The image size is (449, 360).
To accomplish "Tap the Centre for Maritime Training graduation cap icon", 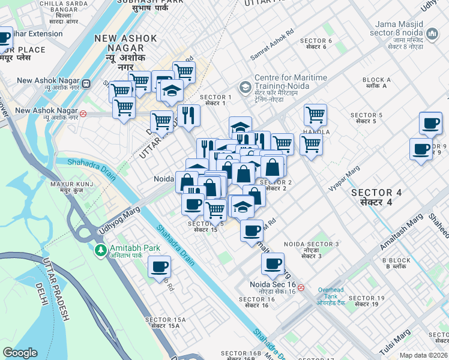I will point(245,88).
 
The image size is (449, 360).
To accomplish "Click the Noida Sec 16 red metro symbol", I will point(301,287).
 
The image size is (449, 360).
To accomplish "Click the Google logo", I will point(20,353).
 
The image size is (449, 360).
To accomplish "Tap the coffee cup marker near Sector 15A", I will point(159,266).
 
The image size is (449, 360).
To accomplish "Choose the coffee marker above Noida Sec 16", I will point(273,263).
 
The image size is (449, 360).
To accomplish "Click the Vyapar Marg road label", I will point(344,179).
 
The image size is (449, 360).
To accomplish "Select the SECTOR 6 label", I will point(319,44).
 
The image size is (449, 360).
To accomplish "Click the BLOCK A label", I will point(377,83).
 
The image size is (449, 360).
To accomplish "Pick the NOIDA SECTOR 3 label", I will point(312,247).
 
